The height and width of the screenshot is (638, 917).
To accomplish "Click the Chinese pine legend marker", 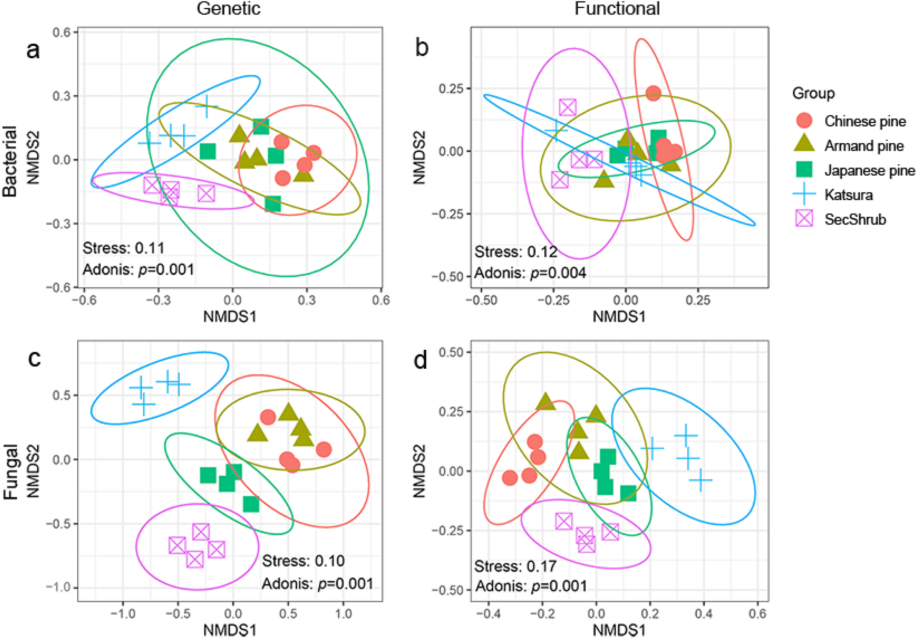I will [804, 121].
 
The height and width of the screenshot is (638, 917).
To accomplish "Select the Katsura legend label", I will [849, 195].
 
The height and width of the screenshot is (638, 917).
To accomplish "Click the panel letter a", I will [33, 51].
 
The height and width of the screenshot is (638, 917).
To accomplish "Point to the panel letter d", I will [421, 360].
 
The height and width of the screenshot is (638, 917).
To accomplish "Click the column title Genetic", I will [228, 9].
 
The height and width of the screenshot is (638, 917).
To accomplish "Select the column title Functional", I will [617, 9].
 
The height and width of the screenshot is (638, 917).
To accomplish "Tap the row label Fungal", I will [11, 472].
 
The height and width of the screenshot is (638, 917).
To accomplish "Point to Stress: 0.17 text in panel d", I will [515, 566].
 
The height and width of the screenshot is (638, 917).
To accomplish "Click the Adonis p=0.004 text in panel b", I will [530, 273].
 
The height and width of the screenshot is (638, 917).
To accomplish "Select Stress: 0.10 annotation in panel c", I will [303, 561].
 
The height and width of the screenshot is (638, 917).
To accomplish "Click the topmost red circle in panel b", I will [653, 93].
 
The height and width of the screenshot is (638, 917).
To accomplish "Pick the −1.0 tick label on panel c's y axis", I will [59, 587].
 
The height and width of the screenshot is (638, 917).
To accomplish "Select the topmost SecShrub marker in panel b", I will [567, 107].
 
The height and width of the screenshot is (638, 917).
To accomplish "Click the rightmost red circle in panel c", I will [323, 450].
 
